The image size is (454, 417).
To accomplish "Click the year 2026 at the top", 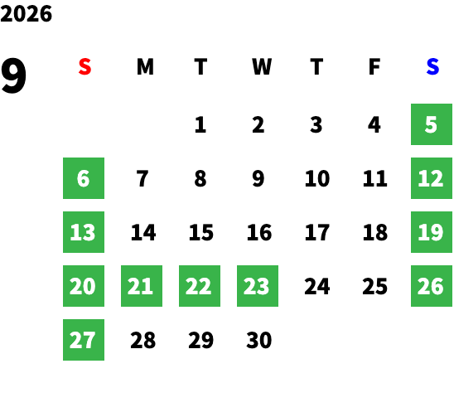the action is [26, 14].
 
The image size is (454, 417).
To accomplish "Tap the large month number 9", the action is [13, 75].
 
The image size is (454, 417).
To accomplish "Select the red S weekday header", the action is [85, 66].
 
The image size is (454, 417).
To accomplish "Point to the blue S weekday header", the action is [432, 66].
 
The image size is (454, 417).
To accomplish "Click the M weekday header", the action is [145, 66].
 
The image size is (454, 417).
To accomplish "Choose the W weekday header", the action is [262, 66].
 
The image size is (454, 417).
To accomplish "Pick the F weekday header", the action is [374, 66].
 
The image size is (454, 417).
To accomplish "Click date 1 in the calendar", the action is [200, 124].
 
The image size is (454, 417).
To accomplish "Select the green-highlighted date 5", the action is [432, 124].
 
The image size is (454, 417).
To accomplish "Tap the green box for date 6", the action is [84, 178].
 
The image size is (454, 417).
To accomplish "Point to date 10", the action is [317, 178].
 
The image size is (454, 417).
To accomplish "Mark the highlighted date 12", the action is [432, 178].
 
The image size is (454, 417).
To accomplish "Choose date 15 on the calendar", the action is [201, 232].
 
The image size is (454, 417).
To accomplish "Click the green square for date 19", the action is [432, 232].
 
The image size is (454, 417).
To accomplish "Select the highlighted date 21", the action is [142, 286].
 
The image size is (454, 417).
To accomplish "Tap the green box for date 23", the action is [258, 286].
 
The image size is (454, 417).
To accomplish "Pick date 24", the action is [317, 286].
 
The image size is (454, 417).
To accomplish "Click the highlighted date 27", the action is [84, 340].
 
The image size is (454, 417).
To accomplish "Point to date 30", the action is [259, 340].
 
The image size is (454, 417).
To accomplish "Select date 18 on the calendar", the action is [375, 232].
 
